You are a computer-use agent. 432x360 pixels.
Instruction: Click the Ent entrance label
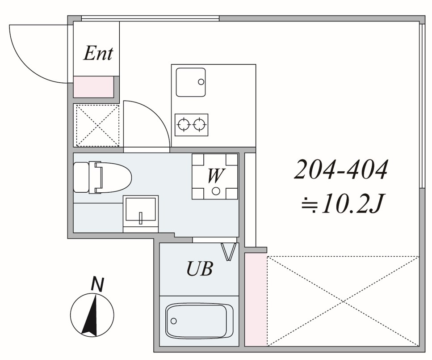[x=98, y=53]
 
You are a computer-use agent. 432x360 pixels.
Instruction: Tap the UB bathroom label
[x=200, y=268]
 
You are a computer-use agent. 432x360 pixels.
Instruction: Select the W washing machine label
[x=215, y=175]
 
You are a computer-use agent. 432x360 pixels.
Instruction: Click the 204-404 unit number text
[x=341, y=169]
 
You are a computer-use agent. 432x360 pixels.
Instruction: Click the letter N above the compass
[x=97, y=284]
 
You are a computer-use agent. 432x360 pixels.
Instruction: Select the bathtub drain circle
[x=174, y=321]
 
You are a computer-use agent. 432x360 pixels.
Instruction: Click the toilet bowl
[x=113, y=177]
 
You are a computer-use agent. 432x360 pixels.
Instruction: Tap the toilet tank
[x=81, y=177]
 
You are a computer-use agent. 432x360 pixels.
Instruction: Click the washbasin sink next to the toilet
[x=141, y=210]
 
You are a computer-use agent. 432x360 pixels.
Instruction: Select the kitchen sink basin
[x=191, y=82]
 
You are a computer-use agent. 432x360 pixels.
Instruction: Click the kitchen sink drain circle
[x=201, y=82]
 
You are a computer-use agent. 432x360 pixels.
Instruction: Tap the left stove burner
[x=183, y=125]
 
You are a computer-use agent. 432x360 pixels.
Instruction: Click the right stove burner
[x=198, y=125]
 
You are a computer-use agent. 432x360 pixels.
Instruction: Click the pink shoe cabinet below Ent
[x=94, y=87]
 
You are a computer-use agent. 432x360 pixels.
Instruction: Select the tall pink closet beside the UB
[x=256, y=299]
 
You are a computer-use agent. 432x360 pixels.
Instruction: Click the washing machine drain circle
[x=216, y=191]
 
